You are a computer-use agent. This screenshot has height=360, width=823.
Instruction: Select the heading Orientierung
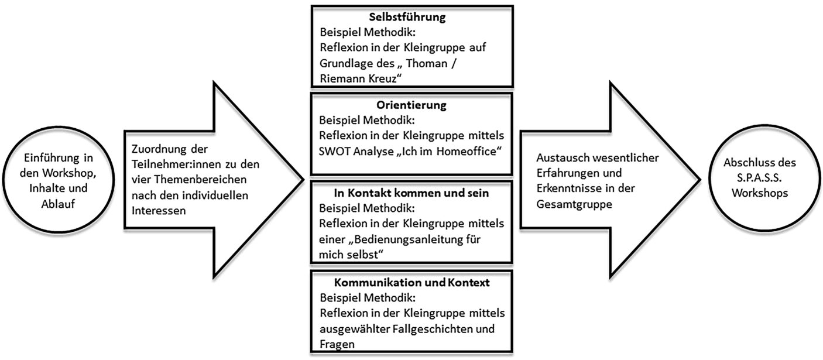coord(411,106)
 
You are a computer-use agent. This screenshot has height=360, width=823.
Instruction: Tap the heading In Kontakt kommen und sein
coord(411,194)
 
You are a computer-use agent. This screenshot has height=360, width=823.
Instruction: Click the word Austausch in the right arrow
coord(559,157)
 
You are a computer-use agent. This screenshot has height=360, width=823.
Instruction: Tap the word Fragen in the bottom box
coord(337,345)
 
